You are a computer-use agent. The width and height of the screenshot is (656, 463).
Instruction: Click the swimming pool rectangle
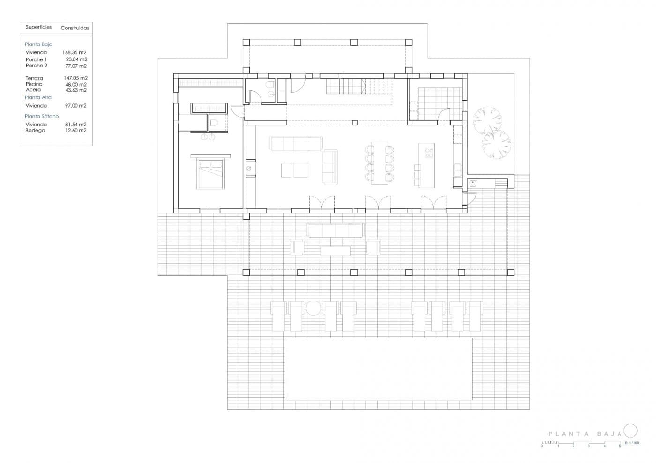378,369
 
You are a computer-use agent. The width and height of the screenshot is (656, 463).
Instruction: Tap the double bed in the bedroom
210,174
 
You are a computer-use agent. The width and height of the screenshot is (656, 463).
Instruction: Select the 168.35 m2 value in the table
75,53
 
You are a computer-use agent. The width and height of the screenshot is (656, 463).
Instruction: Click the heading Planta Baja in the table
38,44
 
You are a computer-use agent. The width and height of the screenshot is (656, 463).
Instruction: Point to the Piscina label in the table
34,84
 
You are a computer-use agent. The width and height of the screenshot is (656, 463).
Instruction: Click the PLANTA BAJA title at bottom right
585,434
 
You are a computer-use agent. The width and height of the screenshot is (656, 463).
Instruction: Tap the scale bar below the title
581,443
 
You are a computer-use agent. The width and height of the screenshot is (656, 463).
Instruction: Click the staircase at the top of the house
346,86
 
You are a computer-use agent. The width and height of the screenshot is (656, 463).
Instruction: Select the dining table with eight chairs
380,163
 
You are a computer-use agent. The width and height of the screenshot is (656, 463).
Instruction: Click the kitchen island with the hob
426,165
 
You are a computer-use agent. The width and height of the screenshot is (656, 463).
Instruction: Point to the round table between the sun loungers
313,308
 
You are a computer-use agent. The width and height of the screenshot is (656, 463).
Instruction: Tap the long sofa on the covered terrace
335,230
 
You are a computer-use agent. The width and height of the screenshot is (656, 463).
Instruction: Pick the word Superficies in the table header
38,27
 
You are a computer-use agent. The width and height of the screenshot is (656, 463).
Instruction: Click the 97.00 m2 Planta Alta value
76,106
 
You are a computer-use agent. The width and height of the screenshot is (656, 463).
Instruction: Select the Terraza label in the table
34,78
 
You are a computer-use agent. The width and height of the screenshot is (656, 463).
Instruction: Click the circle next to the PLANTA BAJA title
630,431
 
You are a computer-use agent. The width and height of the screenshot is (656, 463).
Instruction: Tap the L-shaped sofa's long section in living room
296,144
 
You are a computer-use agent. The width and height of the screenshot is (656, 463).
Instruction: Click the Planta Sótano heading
42,116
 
